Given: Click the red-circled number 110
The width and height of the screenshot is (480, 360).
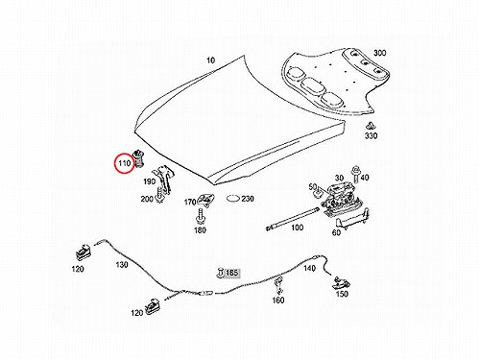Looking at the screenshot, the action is [x=125, y=163].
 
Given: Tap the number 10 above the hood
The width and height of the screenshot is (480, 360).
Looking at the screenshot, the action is [x=210, y=60].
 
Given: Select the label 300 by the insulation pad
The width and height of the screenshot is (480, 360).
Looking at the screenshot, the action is [x=379, y=53].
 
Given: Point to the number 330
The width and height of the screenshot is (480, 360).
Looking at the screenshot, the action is [x=371, y=135].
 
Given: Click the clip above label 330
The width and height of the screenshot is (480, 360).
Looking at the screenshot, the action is [x=371, y=125].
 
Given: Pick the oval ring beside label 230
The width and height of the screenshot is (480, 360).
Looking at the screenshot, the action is [x=233, y=199].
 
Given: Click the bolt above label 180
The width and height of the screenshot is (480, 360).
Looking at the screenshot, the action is [x=200, y=216].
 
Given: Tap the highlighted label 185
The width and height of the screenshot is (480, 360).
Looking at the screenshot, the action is [x=232, y=273].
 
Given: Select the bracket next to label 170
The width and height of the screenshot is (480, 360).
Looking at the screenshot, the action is [x=205, y=200].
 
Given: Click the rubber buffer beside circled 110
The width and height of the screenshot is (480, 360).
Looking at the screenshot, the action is [x=138, y=157].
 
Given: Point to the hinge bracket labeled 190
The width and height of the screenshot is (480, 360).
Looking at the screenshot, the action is [x=164, y=180].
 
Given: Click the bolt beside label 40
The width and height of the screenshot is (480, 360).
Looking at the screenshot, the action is [x=355, y=174].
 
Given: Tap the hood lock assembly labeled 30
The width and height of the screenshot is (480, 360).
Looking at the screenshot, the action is [x=340, y=198].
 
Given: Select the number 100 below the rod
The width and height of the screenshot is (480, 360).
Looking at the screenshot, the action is [x=297, y=228].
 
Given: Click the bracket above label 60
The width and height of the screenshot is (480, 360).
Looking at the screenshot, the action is [x=352, y=219].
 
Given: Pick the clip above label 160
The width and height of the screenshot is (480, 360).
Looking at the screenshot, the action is [x=279, y=285].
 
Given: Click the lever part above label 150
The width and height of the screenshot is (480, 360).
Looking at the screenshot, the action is [x=342, y=282].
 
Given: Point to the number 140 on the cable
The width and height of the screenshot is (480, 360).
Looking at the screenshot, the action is [x=309, y=268].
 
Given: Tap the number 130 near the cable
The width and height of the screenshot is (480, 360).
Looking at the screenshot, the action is [x=122, y=265].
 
